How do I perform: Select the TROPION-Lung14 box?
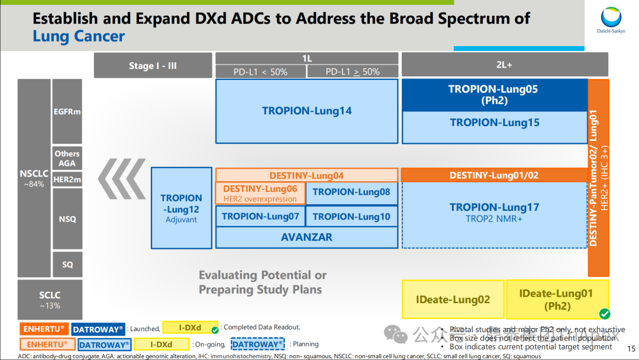point(306,111)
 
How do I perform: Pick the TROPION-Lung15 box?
point(495,123)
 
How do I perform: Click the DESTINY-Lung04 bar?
point(306,175)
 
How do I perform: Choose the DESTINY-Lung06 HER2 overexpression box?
point(260,193)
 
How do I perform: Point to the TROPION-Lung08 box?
point(351,192)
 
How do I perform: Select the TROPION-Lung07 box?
point(260,216)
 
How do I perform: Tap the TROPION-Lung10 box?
point(351,216)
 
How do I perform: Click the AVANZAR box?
point(306,237)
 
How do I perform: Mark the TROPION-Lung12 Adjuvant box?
point(181,208)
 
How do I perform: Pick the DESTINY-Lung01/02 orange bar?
point(494,175)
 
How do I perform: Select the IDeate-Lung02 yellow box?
point(453,300)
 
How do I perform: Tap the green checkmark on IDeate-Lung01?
point(604,313)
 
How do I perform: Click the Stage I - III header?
point(153,66)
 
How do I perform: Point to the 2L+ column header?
point(505,64)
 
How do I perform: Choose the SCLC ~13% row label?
point(50,300)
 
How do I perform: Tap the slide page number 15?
point(631,349)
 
